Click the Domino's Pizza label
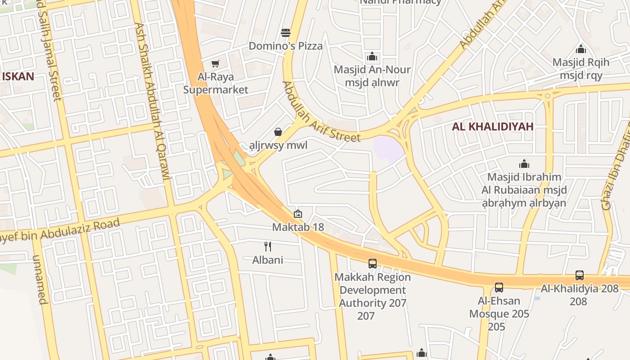[286, 46]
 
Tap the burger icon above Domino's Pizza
[286, 33]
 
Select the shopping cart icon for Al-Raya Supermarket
[216, 64]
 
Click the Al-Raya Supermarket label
[216, 83]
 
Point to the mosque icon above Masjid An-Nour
[372, 57]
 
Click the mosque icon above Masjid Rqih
[581, 49]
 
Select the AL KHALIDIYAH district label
[493, 127]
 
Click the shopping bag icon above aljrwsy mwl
[278, 132]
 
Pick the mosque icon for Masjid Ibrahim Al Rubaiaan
[524, 164]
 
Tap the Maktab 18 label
[298, 227]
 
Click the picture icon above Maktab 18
[297, 214]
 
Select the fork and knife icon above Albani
[268, 246]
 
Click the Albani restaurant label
[268, 260]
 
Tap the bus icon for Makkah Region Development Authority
[373, 264]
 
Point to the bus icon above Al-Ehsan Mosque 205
[499, 288]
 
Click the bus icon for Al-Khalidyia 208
[580, 275]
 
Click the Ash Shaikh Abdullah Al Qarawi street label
[153, 101]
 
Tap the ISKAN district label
[18, 76]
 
